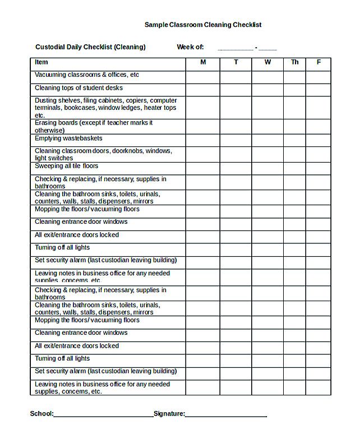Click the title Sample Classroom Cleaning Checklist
click(x=202, y=25)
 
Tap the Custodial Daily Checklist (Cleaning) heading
click(x=90, y=47)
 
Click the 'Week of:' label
click(x=190, y=47)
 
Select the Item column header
click(x=41, y=62)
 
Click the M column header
click(x=203, y=62)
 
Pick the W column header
click(x=268, y=62)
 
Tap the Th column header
click(x=295, y=62)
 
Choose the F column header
click(x=319, y=62)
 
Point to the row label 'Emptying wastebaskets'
click(x=68, y=139)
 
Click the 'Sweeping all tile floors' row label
click(x=66, y=166)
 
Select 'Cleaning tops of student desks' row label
click(x=79, y=88)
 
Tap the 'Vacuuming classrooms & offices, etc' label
click(x=87, y=75)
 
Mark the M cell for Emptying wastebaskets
click(x=203, y=140)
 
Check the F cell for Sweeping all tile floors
click(x=319, y=169)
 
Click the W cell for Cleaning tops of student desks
click(x=268, y=90)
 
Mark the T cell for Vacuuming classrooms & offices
click(x=236, y=77)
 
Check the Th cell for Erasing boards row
click(x=295, y=126)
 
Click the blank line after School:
click(x=103, y=415)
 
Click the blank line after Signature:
click(x=225, y=415)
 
